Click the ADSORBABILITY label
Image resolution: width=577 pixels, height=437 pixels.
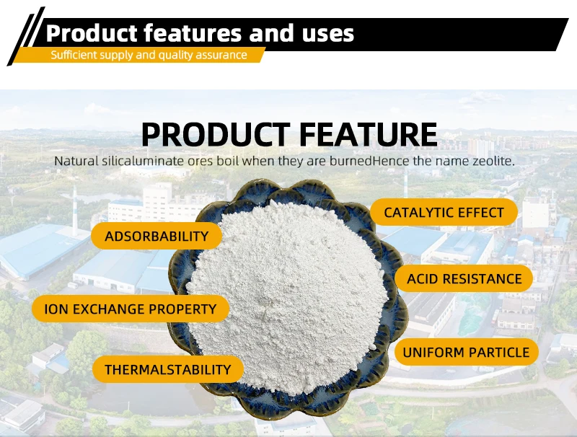point(157,236)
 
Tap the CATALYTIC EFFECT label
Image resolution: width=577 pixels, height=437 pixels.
point(444,212)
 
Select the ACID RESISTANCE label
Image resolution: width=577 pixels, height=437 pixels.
point(464,279)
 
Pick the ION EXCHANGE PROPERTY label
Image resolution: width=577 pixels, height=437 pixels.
point(131,309)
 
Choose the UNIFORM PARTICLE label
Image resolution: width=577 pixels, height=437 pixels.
point(466,352)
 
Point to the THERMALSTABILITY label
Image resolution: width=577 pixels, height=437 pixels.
point(168,369)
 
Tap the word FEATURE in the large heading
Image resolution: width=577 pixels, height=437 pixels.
point(369,135)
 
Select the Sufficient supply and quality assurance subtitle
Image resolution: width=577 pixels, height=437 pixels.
point(149,56)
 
